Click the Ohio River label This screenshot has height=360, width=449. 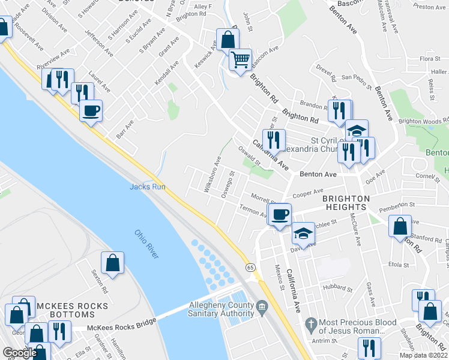(146, 244)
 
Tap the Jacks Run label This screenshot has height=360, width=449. (148, 187)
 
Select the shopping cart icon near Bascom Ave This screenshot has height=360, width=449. (240, 59)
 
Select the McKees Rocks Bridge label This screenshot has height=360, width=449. (118, 327)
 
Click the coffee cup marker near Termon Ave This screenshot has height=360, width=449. (280, 214)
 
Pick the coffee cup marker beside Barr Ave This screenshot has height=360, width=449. (91, 110)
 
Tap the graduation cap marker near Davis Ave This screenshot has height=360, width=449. (303, 232)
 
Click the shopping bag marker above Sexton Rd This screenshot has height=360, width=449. (112, 262)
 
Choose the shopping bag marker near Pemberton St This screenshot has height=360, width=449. (400, 227)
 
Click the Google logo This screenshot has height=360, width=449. (19, 353)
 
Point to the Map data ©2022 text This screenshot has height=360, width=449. (424, 355)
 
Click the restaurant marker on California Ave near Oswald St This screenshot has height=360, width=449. (274, 140)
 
